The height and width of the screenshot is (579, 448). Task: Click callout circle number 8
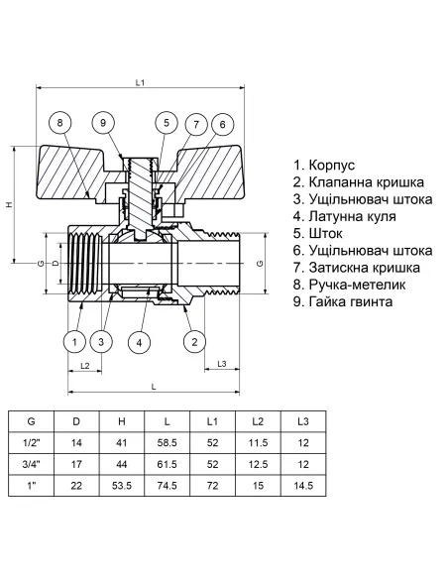coord(61,123)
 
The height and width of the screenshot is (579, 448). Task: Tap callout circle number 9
coord(104,123)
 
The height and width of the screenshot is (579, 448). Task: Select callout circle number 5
coord(166,123)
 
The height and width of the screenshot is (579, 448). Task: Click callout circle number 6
coord(223,123)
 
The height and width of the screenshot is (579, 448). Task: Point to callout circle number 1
coord(73,342)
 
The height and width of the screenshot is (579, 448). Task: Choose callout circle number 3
coord(101,342)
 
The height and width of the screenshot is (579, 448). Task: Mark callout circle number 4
coord(141,342)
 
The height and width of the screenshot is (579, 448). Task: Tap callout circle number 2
coord(194,342)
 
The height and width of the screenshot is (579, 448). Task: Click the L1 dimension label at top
coord(140,82)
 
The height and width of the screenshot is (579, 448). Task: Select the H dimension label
coord(9,204)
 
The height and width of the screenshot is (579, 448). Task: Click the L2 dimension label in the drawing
coord(85,366)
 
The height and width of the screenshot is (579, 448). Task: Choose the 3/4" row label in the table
coord(31,464)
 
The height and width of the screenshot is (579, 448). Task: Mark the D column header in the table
coord(76,421)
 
